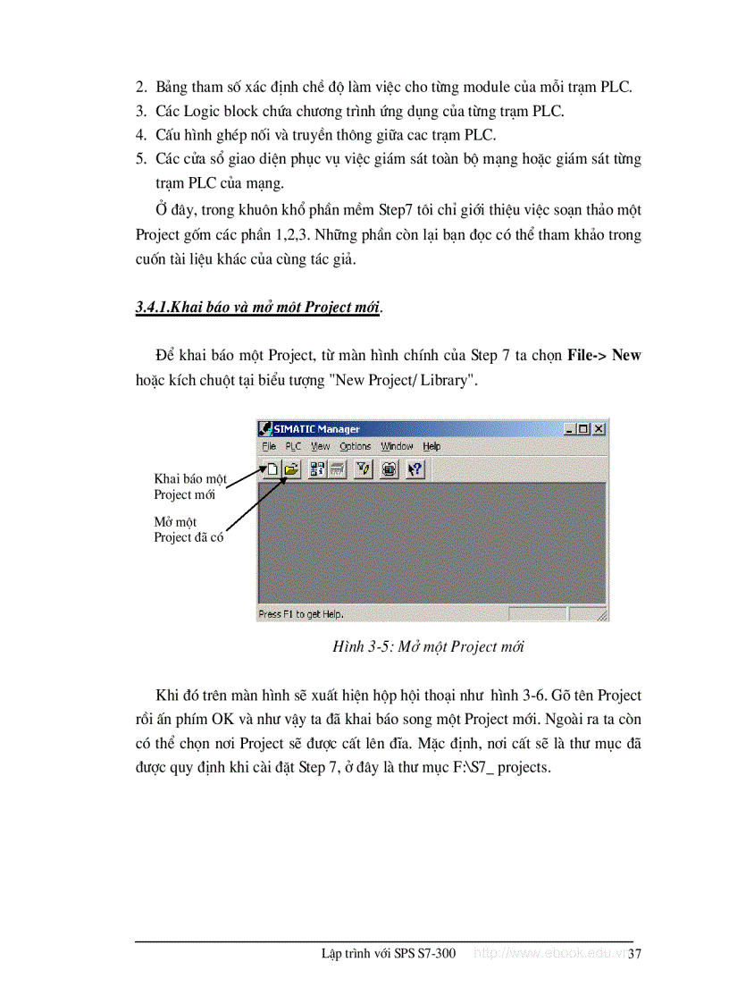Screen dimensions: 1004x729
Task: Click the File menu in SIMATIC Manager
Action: click(269, 446)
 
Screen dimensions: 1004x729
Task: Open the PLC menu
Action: click(293, 446)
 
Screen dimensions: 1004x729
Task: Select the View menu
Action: click(320, 446)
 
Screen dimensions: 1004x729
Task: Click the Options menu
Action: click(355, 446)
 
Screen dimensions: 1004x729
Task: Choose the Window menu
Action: click(397, 446)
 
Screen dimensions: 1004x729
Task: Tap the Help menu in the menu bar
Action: click(432, 446)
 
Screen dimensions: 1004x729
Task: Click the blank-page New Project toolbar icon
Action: click(271, 468)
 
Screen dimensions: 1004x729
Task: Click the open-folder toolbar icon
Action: click(290, 468)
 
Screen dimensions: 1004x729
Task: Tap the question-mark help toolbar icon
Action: click(415, 468)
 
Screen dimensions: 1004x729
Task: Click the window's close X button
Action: click(599, 429)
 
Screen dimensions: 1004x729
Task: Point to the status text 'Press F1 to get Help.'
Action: click(300, 614)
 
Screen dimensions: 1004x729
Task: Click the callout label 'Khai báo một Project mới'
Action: click(189, 486)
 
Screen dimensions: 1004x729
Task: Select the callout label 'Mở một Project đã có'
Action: click(189, 529)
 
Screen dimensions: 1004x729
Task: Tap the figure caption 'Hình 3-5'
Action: click(428, 646)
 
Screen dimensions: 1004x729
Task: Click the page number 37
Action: click(635, 954)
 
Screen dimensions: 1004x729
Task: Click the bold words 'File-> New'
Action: click(604, 355)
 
